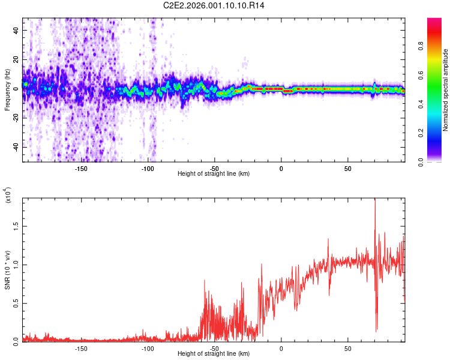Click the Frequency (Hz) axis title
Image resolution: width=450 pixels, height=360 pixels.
7,90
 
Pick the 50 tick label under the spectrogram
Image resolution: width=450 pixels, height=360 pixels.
348,168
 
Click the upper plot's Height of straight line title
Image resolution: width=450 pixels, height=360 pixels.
214,174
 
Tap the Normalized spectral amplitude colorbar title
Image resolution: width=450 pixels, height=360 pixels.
446,90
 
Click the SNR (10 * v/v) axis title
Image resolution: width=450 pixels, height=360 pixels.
7,270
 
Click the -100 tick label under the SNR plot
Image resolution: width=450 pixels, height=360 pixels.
148,348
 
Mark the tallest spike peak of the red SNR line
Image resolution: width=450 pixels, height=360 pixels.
375,200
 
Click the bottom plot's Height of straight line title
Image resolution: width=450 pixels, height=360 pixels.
214,354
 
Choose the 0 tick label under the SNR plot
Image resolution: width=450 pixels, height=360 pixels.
281,348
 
